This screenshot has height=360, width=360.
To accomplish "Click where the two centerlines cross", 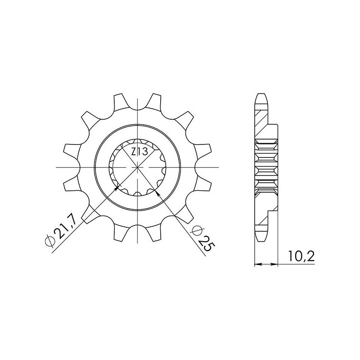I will click(x=138, y=167).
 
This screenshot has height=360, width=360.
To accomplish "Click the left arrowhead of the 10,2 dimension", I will click(x=256, y=264).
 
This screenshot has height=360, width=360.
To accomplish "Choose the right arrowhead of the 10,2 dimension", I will click(x=276, y=264).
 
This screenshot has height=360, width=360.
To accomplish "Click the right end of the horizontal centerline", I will click(x=219, y=167).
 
